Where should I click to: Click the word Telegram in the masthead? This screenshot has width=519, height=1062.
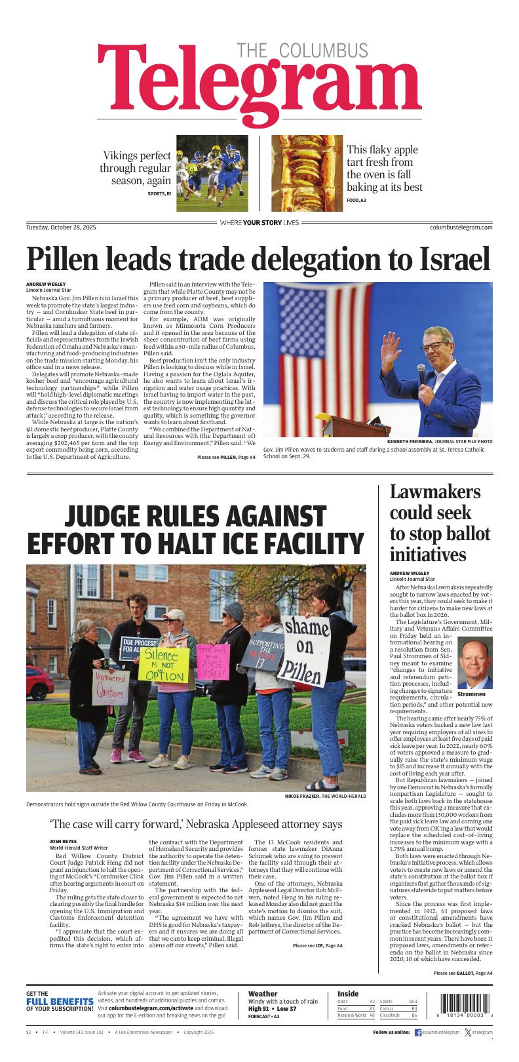click(259, 85)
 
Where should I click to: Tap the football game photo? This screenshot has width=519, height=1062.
click(211, 173)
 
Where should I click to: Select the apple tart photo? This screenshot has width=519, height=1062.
click(307, 173)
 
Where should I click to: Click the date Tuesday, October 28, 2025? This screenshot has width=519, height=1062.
click(61, 227)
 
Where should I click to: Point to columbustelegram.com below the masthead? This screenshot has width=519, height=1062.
click(461, 227)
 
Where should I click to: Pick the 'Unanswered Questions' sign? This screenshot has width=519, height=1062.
click(110, 686)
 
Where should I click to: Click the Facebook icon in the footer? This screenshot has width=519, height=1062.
click(418, 1032)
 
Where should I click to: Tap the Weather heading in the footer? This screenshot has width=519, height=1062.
click(263, 994)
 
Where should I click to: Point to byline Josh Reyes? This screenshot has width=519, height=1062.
click(64, 840)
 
